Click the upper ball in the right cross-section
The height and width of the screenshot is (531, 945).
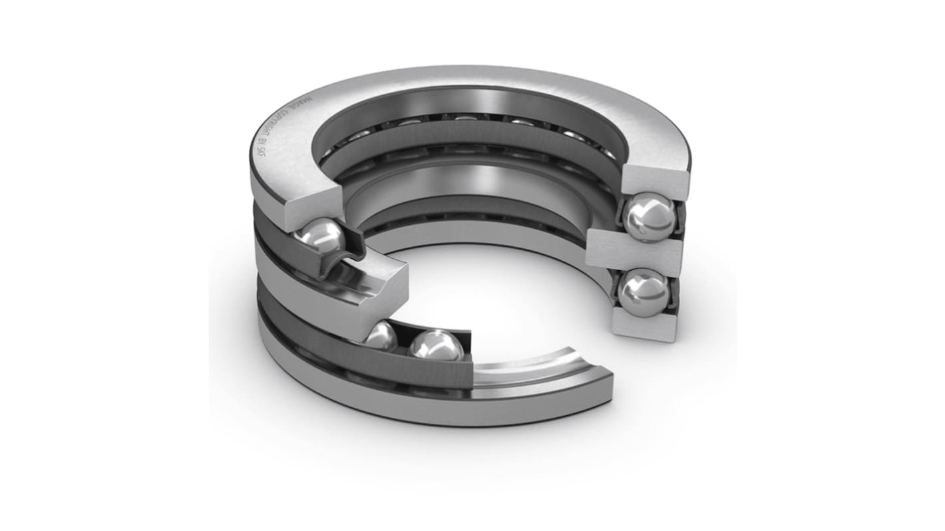(650, 217)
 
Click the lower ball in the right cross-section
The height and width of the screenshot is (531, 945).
(643, 291)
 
